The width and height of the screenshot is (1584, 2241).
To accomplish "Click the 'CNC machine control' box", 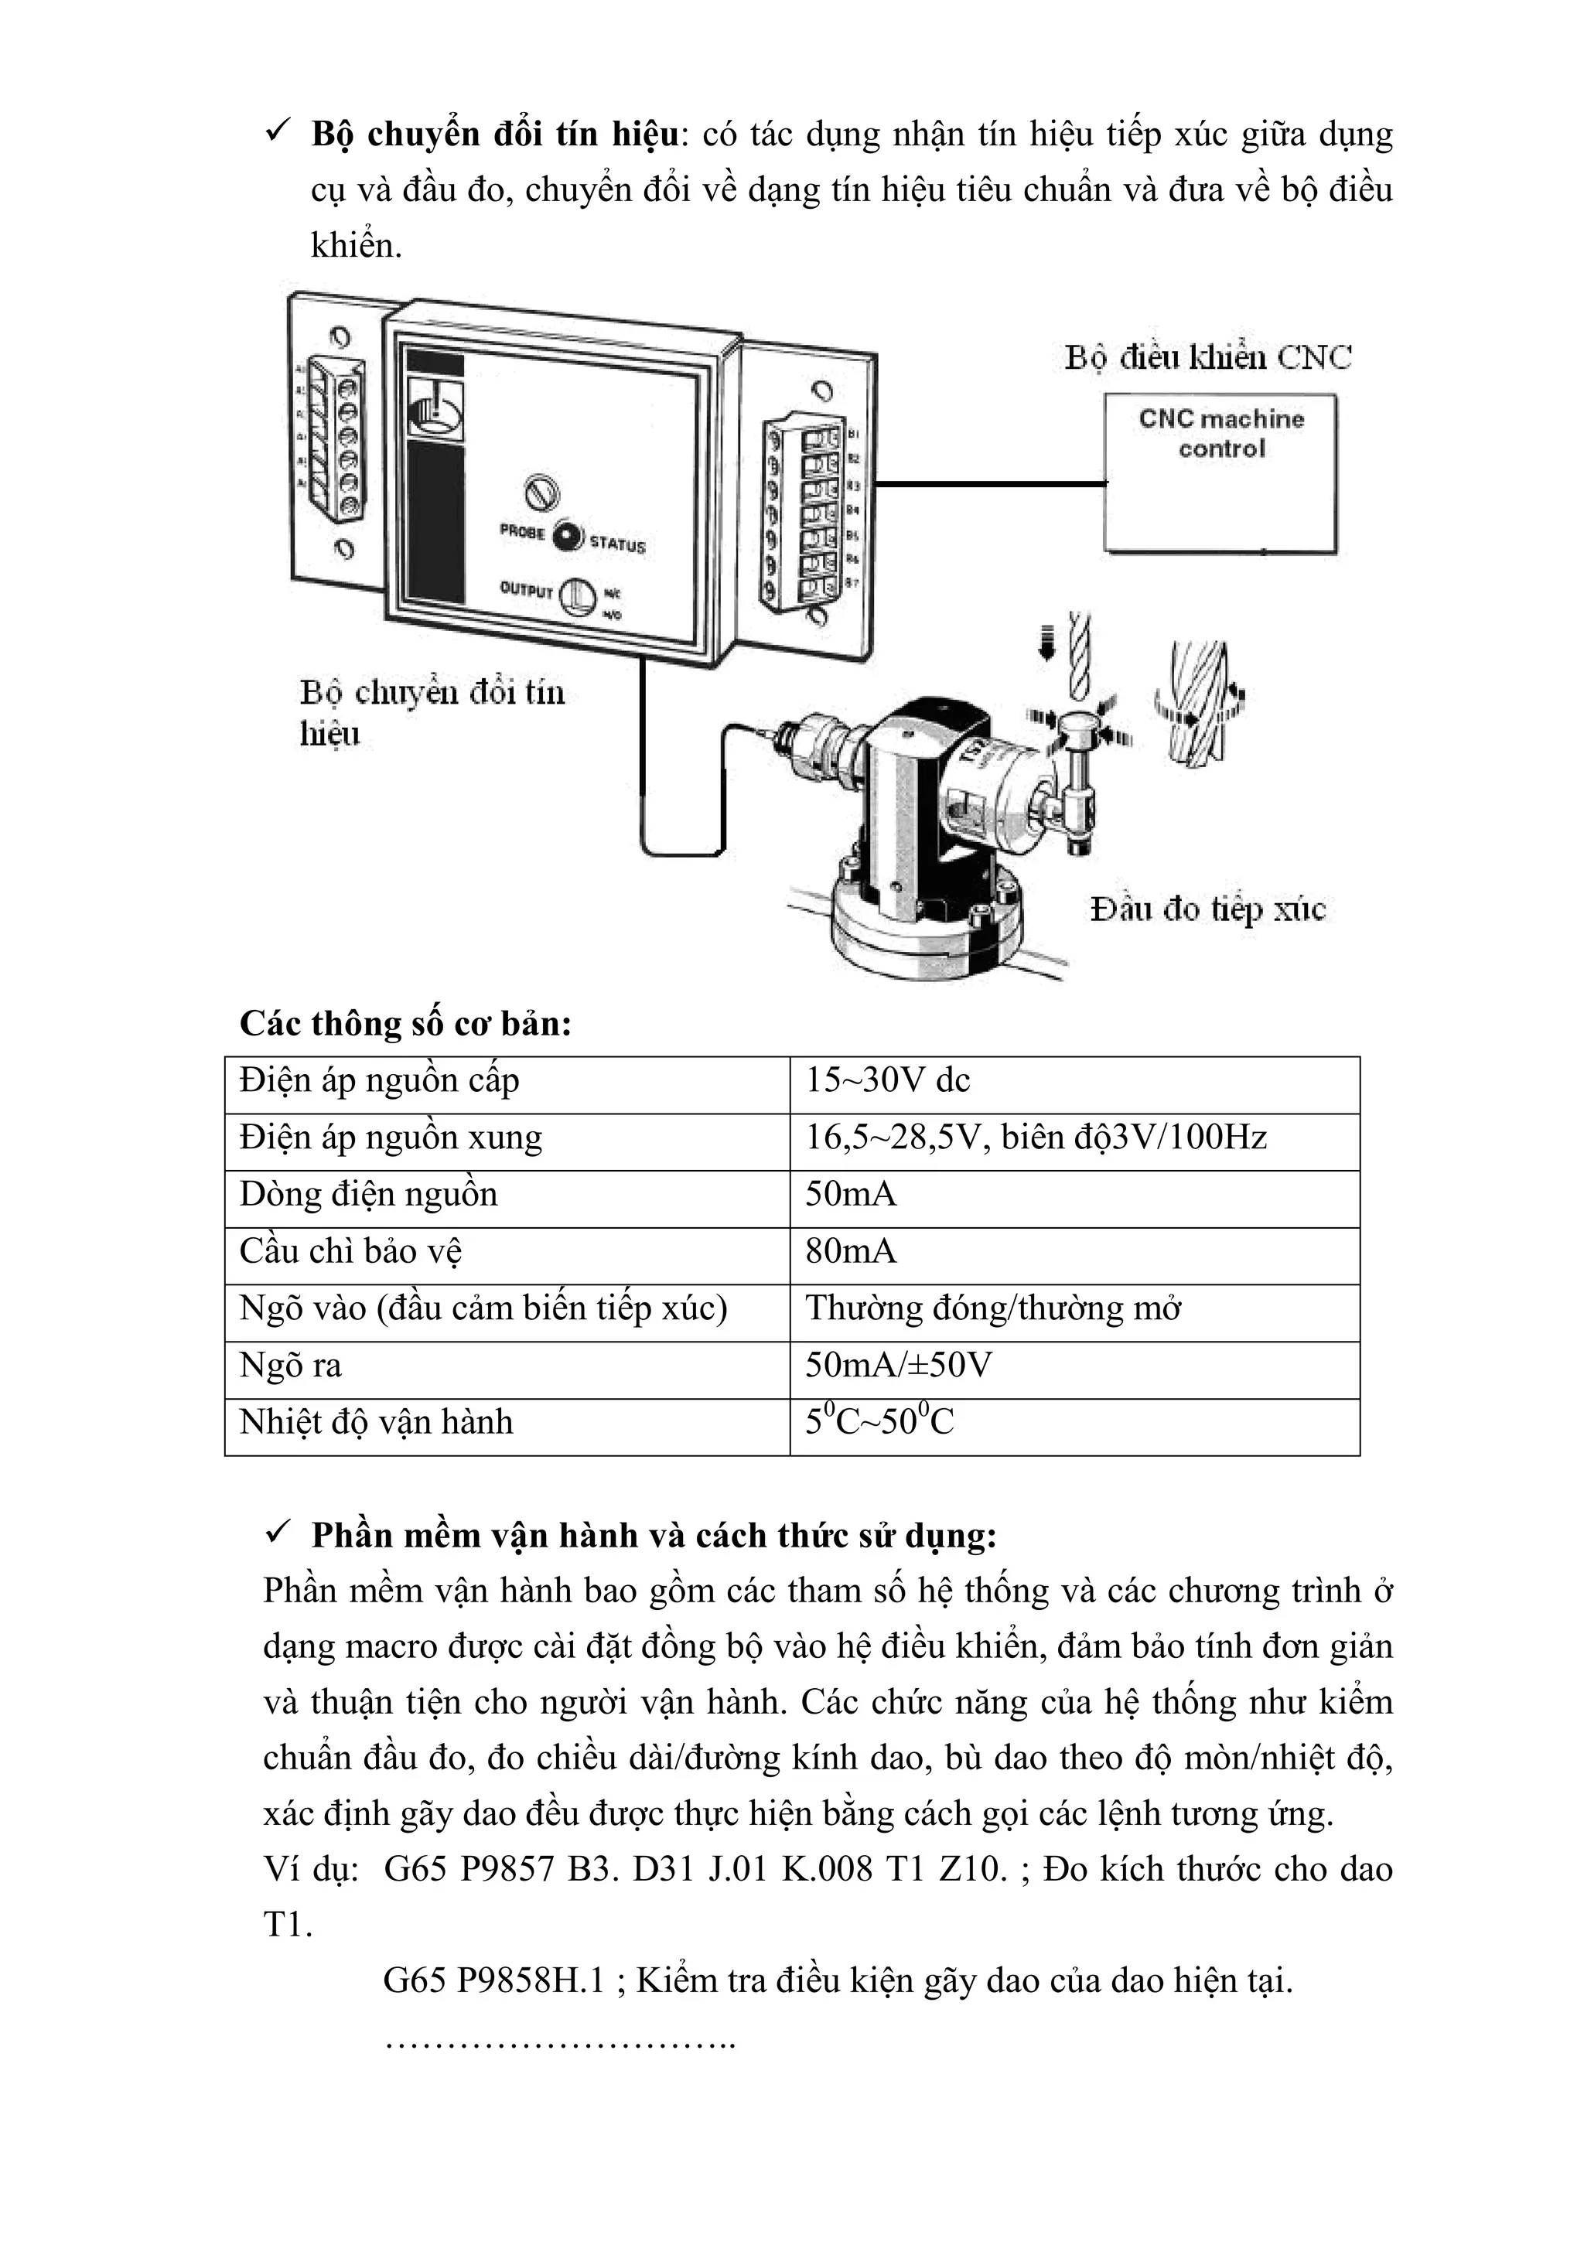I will tap(1220, 472).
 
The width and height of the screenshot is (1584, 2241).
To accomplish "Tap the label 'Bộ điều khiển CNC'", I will tap(1207, 357).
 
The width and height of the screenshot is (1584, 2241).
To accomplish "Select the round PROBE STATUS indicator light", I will tap(567, 536).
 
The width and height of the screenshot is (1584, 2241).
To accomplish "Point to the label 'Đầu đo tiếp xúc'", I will tap(1207, 909).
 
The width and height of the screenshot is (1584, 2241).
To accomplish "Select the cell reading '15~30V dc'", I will tap(887, 1080).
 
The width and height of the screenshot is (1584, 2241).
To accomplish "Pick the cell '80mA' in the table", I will tap(850, 1251).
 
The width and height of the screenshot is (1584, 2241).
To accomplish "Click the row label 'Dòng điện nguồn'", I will tap(368, 1195).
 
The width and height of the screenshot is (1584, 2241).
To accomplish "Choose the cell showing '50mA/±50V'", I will tap(898, 1366).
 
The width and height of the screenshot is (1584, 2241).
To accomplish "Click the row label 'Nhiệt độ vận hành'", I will tap(376, 1422).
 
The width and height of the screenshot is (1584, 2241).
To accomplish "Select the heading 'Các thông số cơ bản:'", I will tap(405, 1024).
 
